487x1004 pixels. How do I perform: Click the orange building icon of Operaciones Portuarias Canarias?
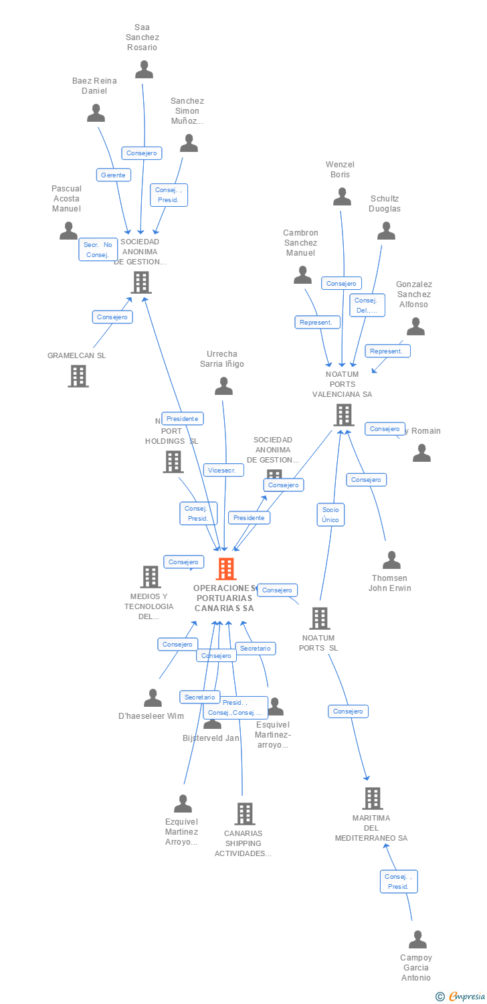(226, 569)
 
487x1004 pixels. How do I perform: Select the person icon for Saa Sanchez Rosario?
(144, 70)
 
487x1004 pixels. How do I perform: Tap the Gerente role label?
(113, 175)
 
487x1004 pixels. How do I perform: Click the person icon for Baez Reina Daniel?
(96, 113)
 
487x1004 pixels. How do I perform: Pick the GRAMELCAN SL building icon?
(78, 376)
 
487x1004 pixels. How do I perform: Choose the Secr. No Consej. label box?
(98, 250)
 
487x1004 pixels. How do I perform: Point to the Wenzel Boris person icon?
(342, 197)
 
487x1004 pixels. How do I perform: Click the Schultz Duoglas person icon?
(386, 231)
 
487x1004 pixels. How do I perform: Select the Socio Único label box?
(330, 514)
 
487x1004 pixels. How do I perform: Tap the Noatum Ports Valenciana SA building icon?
(343, 415)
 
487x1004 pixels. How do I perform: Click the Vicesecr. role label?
(223, 470)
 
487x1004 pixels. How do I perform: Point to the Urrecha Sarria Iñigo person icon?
(223, 386)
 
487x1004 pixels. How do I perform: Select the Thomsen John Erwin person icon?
(391, 560)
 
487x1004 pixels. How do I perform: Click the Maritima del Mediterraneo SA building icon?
(372, 798)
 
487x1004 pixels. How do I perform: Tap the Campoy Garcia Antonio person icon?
(417, 940)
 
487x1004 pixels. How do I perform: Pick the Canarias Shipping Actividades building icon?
(245, 814)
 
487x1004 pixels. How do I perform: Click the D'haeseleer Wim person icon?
(153, 698)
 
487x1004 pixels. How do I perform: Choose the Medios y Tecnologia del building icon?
(150, 577)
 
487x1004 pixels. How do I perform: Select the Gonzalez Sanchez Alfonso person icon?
(415, 327)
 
